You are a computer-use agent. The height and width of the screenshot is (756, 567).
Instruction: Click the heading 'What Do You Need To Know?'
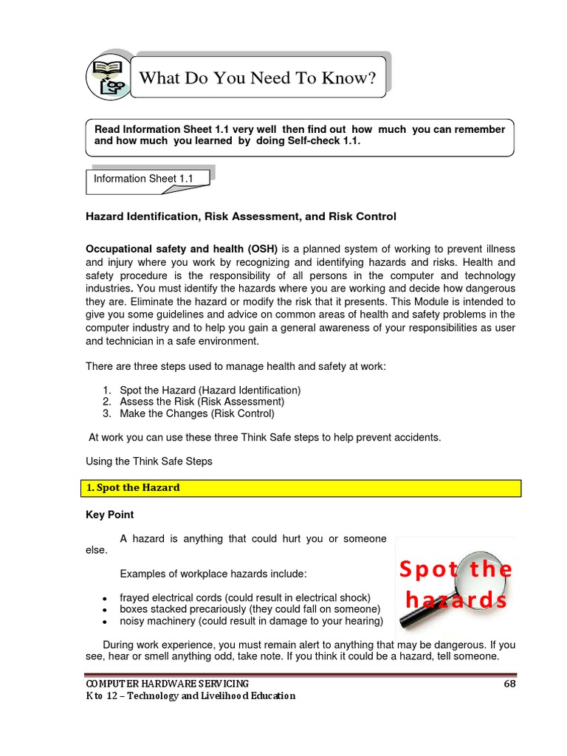point(258,78)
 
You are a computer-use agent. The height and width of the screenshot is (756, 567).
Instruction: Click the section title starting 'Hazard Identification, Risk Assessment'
point(241,216)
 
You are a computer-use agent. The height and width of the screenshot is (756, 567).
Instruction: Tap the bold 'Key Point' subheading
point(110,515)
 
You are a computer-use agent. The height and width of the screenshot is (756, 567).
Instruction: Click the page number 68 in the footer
point(509,684)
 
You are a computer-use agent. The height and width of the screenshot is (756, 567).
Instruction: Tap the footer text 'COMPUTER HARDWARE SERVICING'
point(168,684)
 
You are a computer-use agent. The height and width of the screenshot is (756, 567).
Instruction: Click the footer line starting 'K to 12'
point(190,695)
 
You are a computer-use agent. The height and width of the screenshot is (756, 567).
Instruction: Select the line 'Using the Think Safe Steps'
point(149,461)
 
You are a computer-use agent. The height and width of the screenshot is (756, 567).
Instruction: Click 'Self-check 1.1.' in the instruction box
point(323,141)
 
